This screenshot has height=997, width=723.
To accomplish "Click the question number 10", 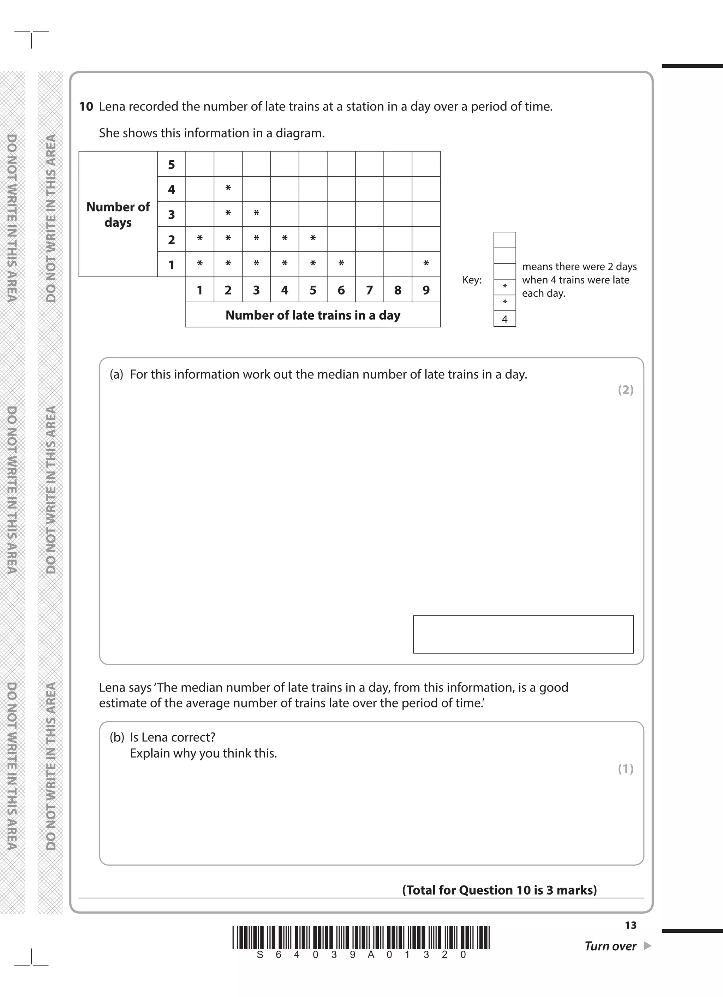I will tap(86, 107).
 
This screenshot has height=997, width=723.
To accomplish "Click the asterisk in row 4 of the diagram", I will tap(228, 189).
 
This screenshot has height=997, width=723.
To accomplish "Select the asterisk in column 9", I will tap(426, 264).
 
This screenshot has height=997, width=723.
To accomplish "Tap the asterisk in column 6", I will tap(341, 264).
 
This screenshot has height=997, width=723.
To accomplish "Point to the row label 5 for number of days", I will tap(172, 165).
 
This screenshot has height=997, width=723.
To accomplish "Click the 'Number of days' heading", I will tap(118, 214).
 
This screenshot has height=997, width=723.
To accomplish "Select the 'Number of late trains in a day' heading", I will tap(312, 315).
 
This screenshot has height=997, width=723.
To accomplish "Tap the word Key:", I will tap(472, 280).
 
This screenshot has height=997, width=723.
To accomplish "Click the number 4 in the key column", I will tap(504, 319).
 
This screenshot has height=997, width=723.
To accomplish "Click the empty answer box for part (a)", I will tap(523, 634).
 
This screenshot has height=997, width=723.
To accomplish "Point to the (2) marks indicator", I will tap(626, 390).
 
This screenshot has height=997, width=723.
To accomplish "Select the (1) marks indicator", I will tap(626, 768).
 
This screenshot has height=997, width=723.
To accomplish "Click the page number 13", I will tap(630, 925).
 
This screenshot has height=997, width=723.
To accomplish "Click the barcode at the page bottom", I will tap(361, 938).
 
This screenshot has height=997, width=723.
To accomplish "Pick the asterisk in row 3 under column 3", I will tap(256, 214).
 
